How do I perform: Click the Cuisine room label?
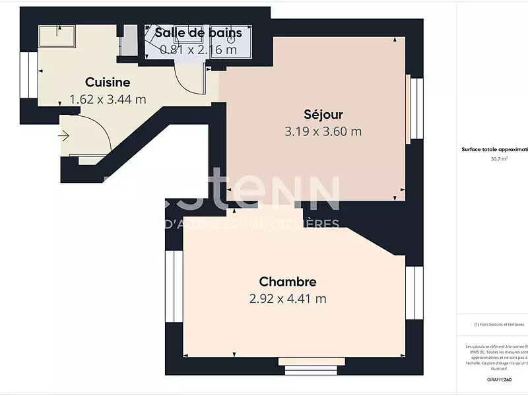coord(108,82)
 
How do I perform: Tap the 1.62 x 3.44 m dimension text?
coord(108,100)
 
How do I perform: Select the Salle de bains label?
coord(198,32)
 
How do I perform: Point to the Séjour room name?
coord(323,114)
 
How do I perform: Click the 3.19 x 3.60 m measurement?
coord(323,131)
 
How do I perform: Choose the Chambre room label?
coord(287,282)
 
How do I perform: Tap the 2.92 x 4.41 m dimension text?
coord(288,299)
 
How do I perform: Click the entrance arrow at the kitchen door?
coord(64,136)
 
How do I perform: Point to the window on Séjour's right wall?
coord(416,108)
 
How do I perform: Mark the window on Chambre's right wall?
coord(414,292)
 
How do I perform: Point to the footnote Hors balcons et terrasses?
coord(499,325)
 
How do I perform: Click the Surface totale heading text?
coord(494,150)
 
